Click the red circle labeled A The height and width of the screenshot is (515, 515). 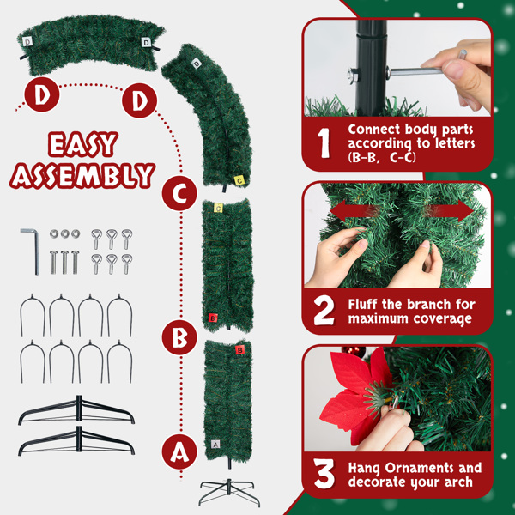pos(179,451)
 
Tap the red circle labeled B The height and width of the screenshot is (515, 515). pos(179,337)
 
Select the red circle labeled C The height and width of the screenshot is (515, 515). pos(179,193)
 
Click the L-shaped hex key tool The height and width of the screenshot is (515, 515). pos(31,251)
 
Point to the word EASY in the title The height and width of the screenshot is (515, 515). pos(82,144)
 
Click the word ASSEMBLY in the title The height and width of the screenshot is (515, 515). pos(82,175)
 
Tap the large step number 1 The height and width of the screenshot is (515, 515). pos(324,142)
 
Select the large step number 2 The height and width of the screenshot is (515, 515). pos(324,311)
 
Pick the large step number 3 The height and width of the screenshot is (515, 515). pos(324,473)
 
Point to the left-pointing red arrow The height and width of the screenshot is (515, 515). pos(353,210)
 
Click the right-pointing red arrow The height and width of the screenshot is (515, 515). pos(449,210)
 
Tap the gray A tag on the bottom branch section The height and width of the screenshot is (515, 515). pos(215,445)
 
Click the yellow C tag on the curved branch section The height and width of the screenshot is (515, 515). pos(239,180)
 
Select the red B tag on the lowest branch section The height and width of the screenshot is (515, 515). pos(240,350)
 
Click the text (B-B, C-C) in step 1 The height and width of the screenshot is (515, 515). pos(382,157)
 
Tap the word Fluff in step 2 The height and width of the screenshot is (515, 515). pos(361,304)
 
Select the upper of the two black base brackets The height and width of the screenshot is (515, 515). pos(76,409)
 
